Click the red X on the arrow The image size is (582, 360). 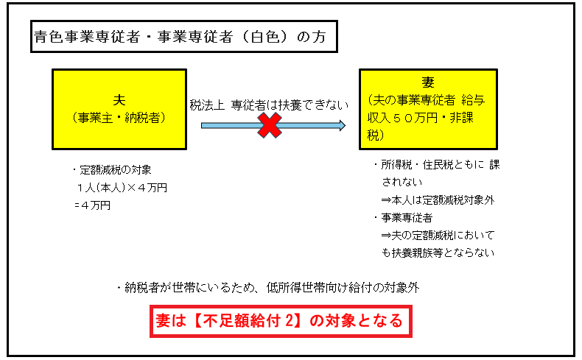270,125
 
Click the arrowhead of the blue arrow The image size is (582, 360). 343,125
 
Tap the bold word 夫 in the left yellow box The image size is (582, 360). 119,99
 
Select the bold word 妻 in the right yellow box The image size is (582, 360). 428,82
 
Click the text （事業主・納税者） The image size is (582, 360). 119,118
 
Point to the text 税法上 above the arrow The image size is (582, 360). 207,105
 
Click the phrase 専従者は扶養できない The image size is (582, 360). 290,105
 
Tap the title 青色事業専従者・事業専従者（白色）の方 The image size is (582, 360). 180,37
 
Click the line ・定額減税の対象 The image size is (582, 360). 112,170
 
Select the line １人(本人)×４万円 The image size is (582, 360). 122,188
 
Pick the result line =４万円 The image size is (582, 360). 92,205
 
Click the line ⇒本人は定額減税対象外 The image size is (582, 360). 438,200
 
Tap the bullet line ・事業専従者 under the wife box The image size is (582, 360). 404,218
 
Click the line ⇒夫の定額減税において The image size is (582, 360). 438,235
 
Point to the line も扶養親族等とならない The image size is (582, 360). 438,253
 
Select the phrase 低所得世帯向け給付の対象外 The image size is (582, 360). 343,287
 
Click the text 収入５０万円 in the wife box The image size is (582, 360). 403,118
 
